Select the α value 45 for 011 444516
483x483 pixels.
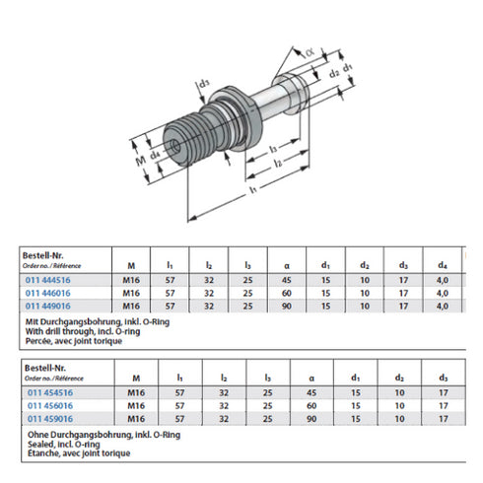tap(284, 279)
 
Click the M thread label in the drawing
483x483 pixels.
tap(141, 158)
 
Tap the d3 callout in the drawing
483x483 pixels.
tap(204, 85)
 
